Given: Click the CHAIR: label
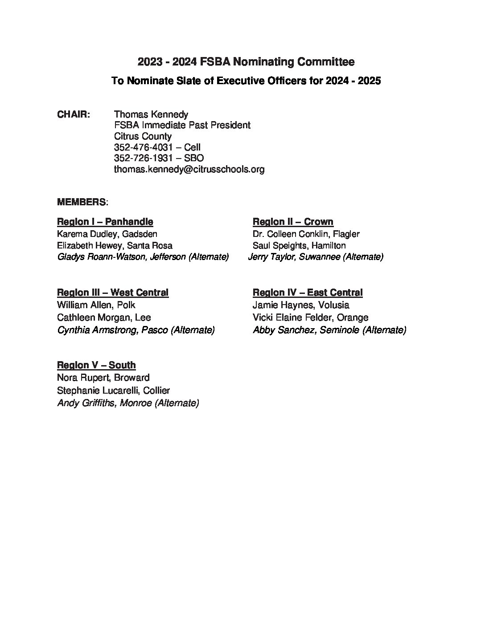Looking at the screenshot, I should tap(74, 114).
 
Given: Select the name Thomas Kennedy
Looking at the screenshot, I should tap(151, 114).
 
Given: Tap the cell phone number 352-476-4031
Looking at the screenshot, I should tap(143, 147).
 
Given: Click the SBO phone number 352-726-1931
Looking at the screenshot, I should tap(143, 158).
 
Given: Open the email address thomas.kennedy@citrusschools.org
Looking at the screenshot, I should tap(189, 169).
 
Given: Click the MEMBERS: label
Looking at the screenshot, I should tap(82, 202).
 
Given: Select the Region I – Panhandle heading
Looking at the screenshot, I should tap(105, 222).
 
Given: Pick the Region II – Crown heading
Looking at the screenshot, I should tap(293, 222).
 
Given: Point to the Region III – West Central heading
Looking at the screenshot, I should tap(113, 293).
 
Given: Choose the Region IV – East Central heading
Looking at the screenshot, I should tap(308, 293).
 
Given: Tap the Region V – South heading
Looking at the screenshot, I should tap(96, 365).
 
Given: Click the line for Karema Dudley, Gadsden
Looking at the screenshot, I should tap(107, 234).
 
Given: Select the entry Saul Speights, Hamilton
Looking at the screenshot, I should tap(299, 245).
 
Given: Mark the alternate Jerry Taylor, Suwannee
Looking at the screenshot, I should tap(316, 257).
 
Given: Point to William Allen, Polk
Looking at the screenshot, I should tap(96, 305).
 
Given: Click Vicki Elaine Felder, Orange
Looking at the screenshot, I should tap(311, 318).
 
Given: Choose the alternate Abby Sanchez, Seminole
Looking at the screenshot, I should tap(329, 330).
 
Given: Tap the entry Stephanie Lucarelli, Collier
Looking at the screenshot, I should tap(114, 391).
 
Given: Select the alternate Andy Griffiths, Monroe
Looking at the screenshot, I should tap(128, 403).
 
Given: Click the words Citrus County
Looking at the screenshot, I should tap(143, 136).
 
